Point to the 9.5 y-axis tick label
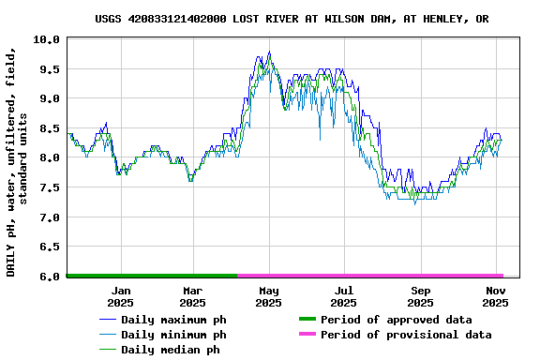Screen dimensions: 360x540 point(49,69)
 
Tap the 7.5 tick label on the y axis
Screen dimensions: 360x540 point(49,187)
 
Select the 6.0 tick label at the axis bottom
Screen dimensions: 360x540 point(49,277)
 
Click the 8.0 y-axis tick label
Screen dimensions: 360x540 point(49,158)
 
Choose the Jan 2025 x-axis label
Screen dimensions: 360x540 point(120,297)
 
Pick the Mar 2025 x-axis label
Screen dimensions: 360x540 point(192,297)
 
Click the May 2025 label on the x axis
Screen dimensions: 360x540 point(268,297)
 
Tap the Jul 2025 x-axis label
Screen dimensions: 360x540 point(344,297)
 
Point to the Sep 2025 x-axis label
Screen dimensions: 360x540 point(420,297)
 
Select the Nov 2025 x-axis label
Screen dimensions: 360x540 point(495,297)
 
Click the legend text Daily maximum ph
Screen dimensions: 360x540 point(173,320)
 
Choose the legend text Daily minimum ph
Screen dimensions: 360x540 point(173,335)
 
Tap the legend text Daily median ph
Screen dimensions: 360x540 point(170,350)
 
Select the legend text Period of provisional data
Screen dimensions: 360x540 point(406,335)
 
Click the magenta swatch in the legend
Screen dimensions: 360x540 point(307,335)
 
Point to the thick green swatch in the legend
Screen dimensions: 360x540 point(307,320)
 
